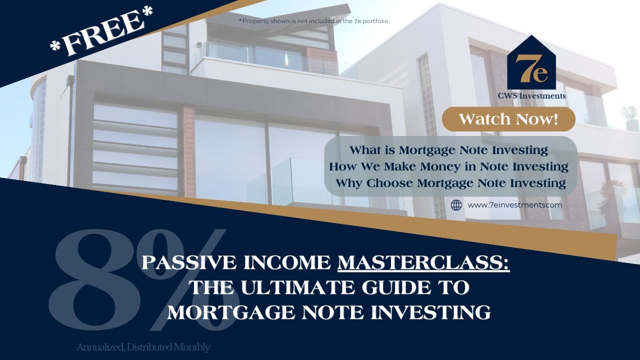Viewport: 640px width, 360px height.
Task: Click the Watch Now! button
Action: [x=508, y=119]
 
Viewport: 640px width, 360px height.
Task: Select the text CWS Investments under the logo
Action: [x=531, y=96]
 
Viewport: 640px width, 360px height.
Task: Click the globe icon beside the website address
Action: [x=456, y=205]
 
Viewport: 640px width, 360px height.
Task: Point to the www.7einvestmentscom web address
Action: [x=514, y=205]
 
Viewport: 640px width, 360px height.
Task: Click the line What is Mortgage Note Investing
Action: [x=448, y=150]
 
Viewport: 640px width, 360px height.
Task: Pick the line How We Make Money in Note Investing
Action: [x=448, y=166]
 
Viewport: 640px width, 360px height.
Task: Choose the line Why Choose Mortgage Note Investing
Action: [x=450, y=183]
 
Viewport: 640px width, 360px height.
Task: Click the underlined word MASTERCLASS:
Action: [x=423, y=263]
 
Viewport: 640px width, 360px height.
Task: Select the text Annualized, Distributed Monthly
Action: [x=143, y=347]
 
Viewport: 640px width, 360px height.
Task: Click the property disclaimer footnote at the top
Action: [x=314, y=21]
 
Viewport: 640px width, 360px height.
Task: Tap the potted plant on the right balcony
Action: [x=630, y=116]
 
